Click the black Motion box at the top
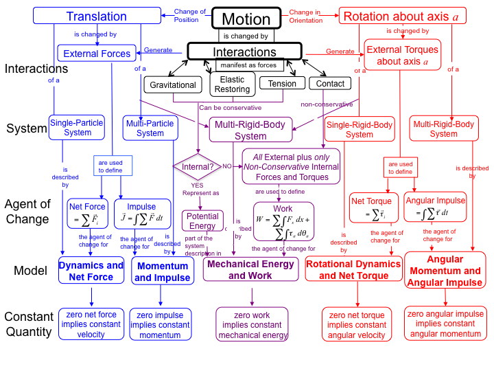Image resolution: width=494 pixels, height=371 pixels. (246, 19)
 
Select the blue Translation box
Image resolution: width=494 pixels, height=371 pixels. (96, 16)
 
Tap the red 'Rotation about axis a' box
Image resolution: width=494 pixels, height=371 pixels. (396, 16)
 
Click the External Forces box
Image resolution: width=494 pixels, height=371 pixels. (97, 54)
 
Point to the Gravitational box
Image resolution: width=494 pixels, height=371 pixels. (173, 85)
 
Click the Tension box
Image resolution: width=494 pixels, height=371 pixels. (282, 84)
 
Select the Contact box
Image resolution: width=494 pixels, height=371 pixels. (331, 84)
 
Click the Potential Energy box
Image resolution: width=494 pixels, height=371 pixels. (202, 221)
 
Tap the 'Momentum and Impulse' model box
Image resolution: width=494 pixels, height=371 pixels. (162, 271)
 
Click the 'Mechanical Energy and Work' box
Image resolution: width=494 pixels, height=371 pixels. (250, 269)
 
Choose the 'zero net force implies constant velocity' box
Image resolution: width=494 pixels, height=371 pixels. (91, 324)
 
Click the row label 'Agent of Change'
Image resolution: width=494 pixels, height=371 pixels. (27, 211)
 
